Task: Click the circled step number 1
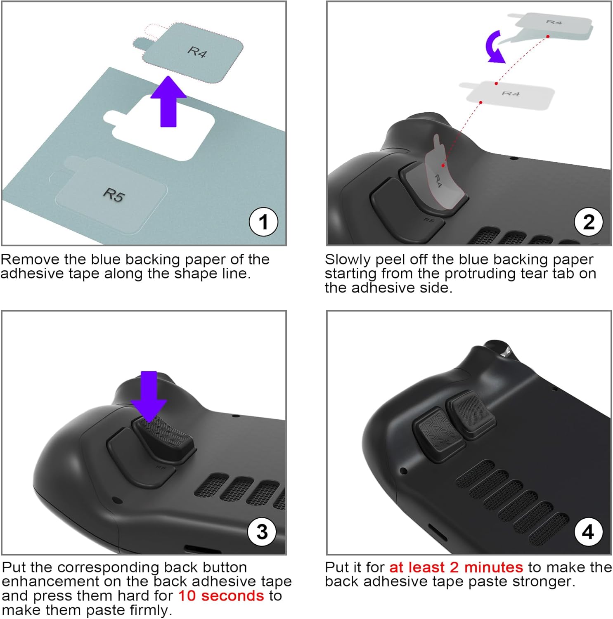263,222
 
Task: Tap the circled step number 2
589,222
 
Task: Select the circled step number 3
262,532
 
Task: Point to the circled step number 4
588,532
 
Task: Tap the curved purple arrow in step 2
495,47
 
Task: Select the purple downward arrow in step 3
149,394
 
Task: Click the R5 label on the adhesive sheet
114,194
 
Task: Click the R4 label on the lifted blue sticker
197,52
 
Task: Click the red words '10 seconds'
221,595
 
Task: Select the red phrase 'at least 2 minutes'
456,567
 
